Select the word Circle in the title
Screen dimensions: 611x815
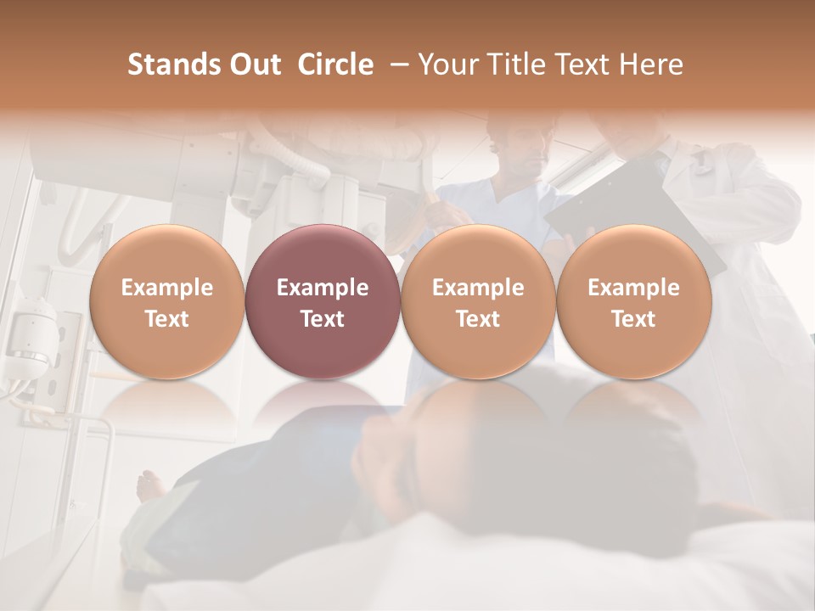335,65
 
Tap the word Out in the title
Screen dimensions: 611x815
252,65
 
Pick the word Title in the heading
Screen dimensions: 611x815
511,65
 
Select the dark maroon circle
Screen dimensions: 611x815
323,301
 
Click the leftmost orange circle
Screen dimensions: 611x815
167,301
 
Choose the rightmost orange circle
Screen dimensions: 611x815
634,301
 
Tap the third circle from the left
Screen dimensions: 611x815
478,301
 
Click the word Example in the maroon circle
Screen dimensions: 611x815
323,288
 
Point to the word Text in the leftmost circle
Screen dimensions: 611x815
167,319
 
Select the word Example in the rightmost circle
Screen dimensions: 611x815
634,288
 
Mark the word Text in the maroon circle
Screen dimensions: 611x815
323,319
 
